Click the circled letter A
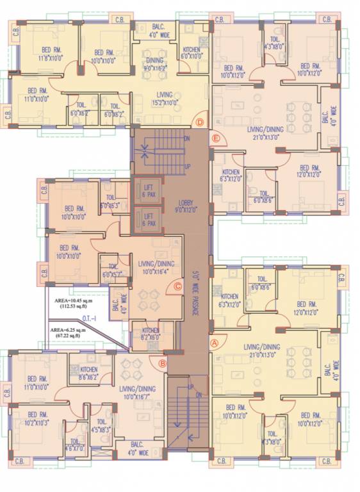(215, 343)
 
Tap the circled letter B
(163, 363)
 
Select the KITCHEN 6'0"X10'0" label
(191, 53)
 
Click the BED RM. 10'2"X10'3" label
(38, 418)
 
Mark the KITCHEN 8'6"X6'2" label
(88, 373)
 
